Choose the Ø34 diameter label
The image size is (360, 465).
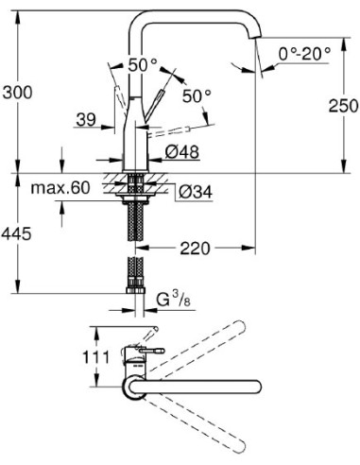(x=193, y=192)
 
